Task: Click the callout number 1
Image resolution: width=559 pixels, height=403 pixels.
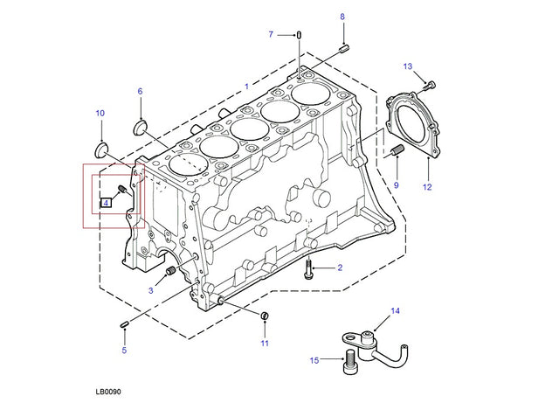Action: coord(246,86)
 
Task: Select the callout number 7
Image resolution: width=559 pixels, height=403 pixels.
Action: coord(271,34)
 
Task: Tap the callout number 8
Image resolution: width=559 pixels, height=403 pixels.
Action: coord(342,17)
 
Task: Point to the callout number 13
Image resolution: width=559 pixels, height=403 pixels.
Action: coord(407,66)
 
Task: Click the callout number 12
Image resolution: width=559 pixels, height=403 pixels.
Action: coord(427,186)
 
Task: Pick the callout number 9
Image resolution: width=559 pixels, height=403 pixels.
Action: coord(396,184)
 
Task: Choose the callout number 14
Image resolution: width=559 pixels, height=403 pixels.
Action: coord(395,310)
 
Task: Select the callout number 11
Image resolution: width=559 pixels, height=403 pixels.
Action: coord(264,343)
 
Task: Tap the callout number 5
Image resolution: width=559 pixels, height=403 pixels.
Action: coord(124,351)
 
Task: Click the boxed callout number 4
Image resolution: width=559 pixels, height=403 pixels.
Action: coord(105,203)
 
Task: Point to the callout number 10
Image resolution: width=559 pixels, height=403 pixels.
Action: coord(100,113)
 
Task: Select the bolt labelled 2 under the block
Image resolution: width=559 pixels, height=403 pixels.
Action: coord(310,271)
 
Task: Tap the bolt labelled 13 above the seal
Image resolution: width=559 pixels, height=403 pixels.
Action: coord(428,85)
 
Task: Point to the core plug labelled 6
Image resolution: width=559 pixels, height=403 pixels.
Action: coord(140,129)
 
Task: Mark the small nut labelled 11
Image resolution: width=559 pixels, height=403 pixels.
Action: coord(264,315)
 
